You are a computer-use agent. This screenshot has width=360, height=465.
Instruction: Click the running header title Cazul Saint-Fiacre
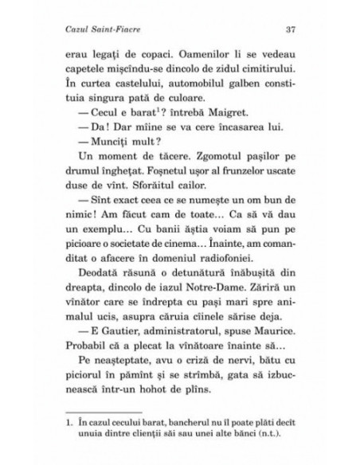(102, 30)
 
